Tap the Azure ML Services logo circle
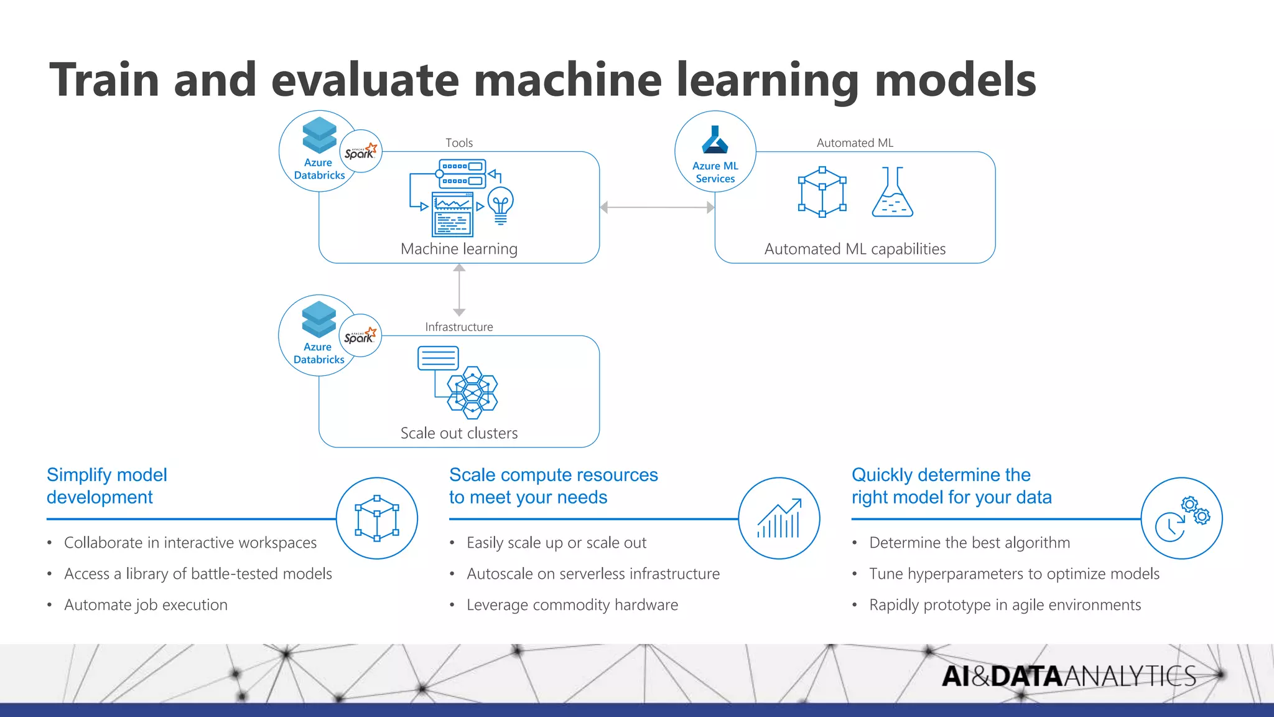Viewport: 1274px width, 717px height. click(715, 151)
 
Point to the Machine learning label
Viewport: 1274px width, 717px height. click(459, 249)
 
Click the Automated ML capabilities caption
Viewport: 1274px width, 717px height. click(855, 249)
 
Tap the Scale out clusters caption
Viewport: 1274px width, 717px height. click(459, 433)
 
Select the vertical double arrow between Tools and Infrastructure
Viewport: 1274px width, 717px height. click(459, 290)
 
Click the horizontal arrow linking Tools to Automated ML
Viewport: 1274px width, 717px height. click(657, 207)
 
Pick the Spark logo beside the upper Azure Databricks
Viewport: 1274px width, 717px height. click(361, 151)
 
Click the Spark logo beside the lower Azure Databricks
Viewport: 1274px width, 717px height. click(360, 335)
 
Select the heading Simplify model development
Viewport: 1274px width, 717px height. click(107, 486)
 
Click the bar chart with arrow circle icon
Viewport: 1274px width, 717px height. click(779, 518)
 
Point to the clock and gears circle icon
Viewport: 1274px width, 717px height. click(1181, 518)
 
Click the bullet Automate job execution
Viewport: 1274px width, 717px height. click(146, 605)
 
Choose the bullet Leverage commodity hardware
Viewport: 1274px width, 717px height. click(572, 605)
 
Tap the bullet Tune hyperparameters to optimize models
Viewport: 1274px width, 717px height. click(1014, 574)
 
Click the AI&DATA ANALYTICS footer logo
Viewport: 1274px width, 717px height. click(1068, 676)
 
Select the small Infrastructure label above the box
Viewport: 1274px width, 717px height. click(459, 327)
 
